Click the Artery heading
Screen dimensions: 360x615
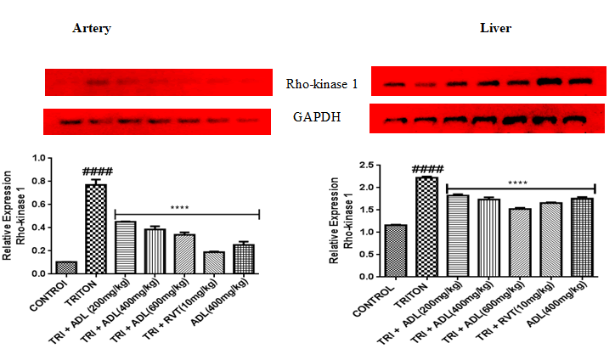point(93,29)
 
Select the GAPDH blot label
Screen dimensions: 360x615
point(317,117)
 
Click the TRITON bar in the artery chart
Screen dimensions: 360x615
point(96,229)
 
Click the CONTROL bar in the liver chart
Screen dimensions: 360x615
point(395,251)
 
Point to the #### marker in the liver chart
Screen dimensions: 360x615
point(427,168)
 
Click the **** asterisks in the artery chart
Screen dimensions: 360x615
point(179,206)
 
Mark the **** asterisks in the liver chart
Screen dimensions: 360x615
point(518,183)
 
